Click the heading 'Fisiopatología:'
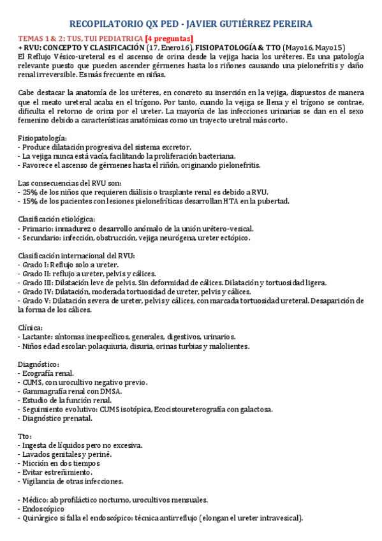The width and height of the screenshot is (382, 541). (41, 138)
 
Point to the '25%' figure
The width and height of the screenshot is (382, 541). (30, 192)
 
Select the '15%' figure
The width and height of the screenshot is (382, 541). (30, 201)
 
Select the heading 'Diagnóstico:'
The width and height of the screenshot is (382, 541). (38, 364)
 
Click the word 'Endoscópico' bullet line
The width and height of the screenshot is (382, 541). (43, 510)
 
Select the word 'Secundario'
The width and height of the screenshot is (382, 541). (41, 237)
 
